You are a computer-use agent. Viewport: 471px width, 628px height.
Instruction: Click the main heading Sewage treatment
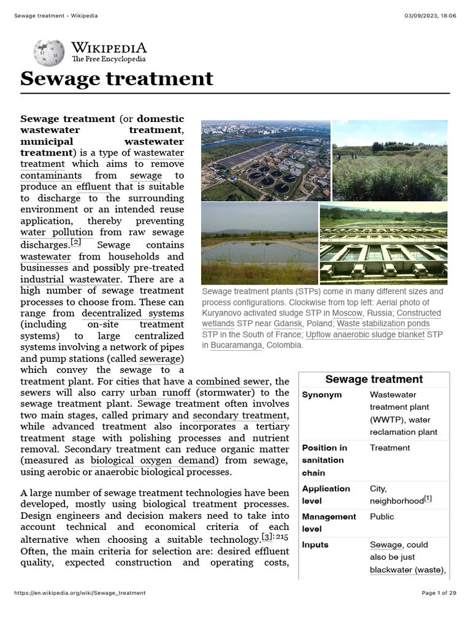pyautogui.click(x=117, y=79)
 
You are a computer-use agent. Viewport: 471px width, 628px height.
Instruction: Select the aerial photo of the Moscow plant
pyautogui.click(x=266, y=161)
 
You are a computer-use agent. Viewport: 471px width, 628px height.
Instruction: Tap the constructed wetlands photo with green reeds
pyautogui.click(x=390, y=161)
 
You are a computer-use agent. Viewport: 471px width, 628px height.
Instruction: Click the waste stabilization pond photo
pyautogui.click(x=259, y=243)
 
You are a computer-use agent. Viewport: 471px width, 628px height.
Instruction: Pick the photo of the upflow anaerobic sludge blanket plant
pyautogui.click(x=384, y=243)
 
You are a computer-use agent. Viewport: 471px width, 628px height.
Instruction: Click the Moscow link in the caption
pyautogui.click(x=347, y=313)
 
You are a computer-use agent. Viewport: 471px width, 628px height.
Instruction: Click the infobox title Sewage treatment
pyautogui.click(x=373, y=380)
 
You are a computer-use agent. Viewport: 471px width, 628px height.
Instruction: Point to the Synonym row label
pyautogui.click(x=322, y=395)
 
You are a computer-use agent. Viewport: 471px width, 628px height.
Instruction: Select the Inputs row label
pyautogui.click(x=315, y=545)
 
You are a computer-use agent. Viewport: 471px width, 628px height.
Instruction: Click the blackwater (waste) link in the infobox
pyautogui.click(x=406, y=570)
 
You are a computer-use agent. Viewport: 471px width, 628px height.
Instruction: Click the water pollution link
pyautogui.click(x=56, y=232)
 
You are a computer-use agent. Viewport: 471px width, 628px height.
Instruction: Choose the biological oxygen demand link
pyautogui.click(x=154, y=461)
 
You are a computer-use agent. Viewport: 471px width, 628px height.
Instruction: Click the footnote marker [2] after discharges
pyautogui.click(x=76, y=242)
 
